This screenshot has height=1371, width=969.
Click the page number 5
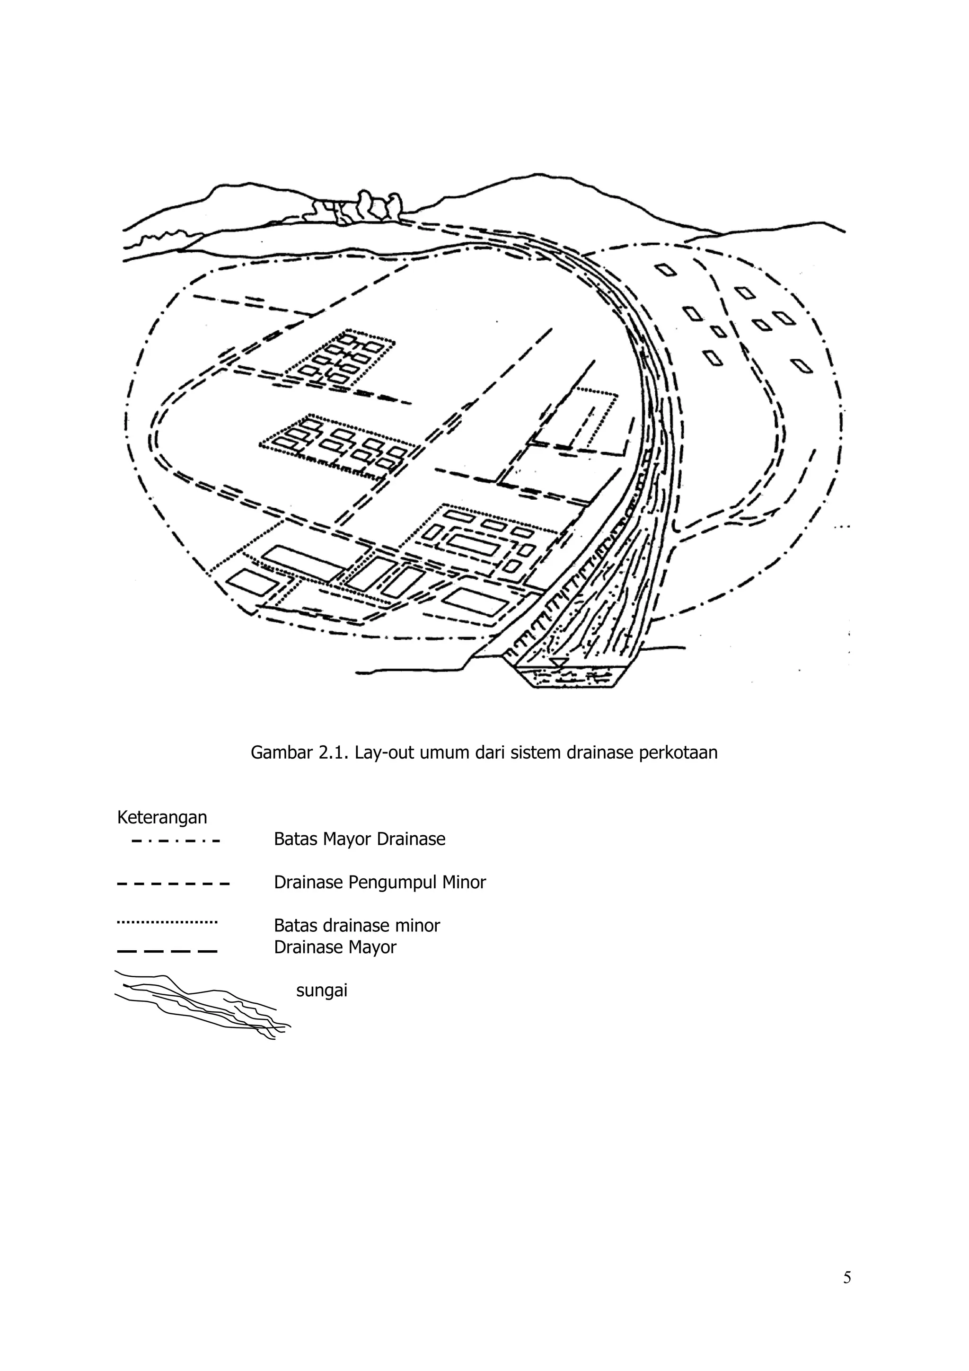point(846,1277)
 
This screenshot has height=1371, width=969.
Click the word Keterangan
point(162,817)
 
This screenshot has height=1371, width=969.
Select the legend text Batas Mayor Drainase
point(360,839)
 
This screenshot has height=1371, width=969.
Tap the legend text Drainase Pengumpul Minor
point(380,882)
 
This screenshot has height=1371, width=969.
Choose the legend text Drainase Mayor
point(335,947)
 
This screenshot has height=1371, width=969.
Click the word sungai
point(321,991)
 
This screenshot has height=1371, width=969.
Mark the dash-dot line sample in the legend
point(175,842)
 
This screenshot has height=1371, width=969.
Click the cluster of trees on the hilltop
point(358,209)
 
